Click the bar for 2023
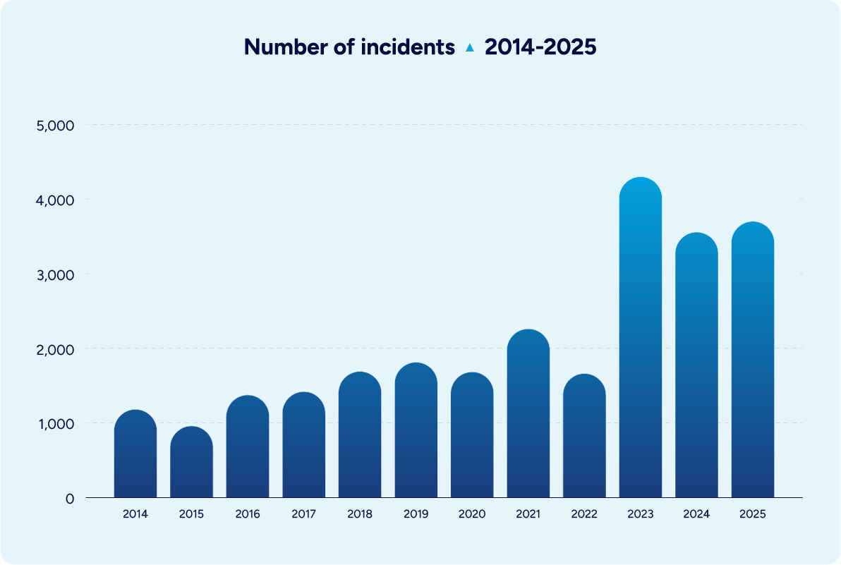pos(640,339)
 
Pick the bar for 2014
pos(135,454)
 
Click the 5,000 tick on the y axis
pos(55,126)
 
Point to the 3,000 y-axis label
pos(55,274)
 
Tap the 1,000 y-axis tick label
pos(55,423)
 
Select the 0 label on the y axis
pos(70,499)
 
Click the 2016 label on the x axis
pos(248,514)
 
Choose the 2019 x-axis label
pos(416,514)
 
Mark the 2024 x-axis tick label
pos(696,514)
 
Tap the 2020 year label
pos(472,514)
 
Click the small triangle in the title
pos(470,48)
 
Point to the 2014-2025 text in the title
pos(540,47)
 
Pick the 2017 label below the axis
pos(303,514)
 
